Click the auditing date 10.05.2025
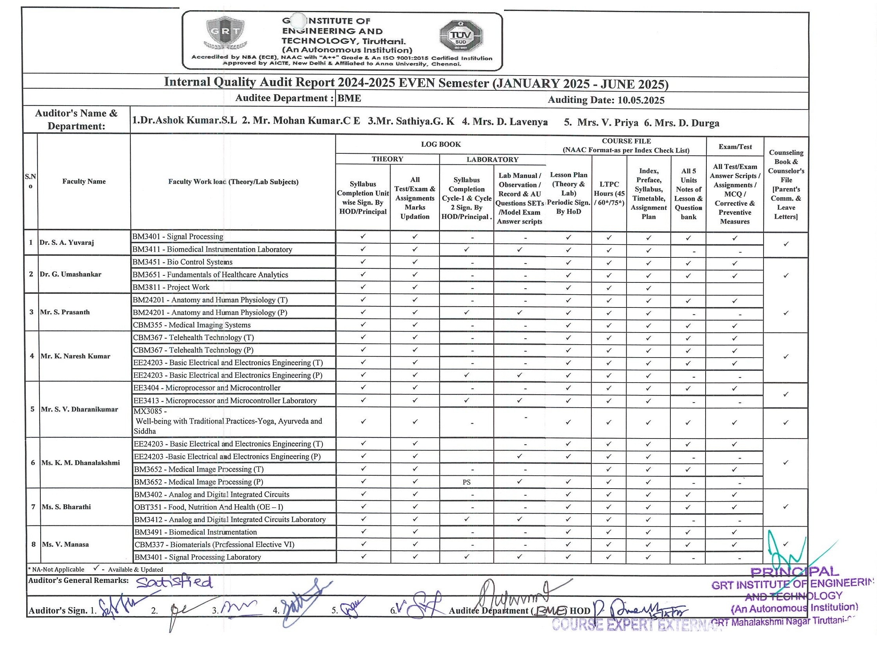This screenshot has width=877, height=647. point(641,100)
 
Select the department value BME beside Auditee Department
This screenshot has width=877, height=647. point(349,98)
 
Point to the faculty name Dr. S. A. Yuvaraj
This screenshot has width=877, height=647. point(67,243)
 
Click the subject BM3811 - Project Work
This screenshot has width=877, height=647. point(171,287)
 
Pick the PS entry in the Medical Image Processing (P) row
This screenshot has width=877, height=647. point(466,482)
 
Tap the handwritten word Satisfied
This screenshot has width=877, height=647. point(175,582)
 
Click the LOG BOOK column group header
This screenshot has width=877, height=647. point(441,144)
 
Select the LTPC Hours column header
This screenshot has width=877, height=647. point(609,193)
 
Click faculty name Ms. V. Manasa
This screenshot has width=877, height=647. point(65,545)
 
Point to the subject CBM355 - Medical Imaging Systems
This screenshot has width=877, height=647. point(192,325)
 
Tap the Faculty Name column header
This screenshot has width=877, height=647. point(84,182)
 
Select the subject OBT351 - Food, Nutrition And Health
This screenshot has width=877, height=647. point(209,507)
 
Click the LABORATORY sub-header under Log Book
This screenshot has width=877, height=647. point(492,159)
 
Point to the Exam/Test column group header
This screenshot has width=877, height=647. point(735,147)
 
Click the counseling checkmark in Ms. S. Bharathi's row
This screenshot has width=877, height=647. point(785,507)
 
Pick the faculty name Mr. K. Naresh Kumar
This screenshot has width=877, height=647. point(75,356)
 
